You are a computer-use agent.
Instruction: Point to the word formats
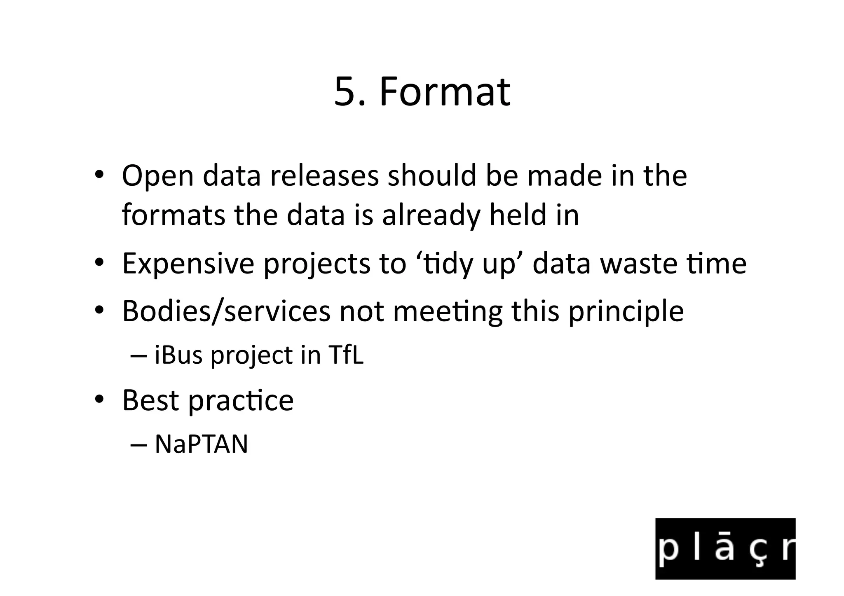tap(173, 215)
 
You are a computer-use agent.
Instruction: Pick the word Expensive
tap(188, 264)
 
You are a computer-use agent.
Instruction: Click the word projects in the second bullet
tap(316, 264)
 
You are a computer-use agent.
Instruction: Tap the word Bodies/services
tap(226, 311)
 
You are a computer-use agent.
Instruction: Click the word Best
tap(150, 400)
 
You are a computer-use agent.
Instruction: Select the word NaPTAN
tap(201, 444)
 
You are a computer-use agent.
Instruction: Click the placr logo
tap(725, 549)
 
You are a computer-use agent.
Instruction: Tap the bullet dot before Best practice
tap(99, 400)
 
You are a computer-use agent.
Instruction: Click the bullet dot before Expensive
tap(99, 263)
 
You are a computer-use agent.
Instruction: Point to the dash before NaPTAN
tap(138, 445)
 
